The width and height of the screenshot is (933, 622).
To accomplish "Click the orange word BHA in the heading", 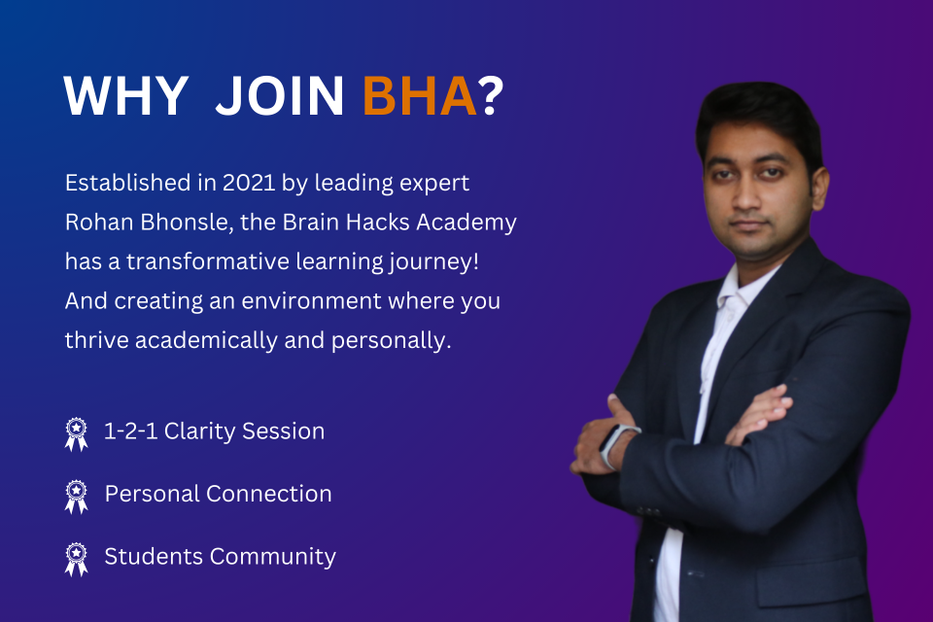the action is (x=420, y=95).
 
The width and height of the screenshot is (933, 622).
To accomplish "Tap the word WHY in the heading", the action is (x=126, y=95).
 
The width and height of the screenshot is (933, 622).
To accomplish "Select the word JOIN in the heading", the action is (x=280, y=95).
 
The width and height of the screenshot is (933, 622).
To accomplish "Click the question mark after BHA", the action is (x=492, y=95).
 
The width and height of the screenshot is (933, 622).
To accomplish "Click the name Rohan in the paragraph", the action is (x=99, y=222).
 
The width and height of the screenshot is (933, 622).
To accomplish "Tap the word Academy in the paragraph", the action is (x=466, y=223).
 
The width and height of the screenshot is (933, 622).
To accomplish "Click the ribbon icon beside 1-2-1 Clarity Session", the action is (x=76, y=433).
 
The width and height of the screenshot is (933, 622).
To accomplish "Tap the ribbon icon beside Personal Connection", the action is (x=76, y=497).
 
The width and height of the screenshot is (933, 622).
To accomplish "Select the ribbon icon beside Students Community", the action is (x=76, y=559).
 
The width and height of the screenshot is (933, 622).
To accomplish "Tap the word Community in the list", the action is (x=273, y=557).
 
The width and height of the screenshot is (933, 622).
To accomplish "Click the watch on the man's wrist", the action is (x=615, y=444).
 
